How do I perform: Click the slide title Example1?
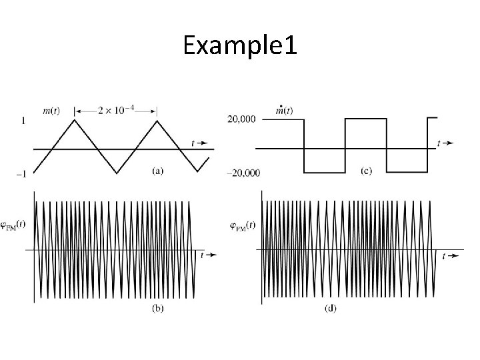pyautogui.click(x=240, y=46)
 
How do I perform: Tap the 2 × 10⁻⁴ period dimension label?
pyautogui.click(x=115, y=109)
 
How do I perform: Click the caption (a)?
pyautogui.click(x=158, y=171)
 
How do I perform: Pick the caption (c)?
pyautogui.click(x=367, y=171)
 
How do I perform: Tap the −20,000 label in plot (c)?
pyautogui.click(x=243, y=173)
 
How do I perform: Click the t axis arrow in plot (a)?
pyautogui.click(x=199, y=143)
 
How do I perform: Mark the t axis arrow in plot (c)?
pyautogui.click(x=445, y=143)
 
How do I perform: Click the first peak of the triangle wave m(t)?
pyautogui.click(x=75, y=121)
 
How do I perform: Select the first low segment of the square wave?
pyautogui.click(x=324, y=173)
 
